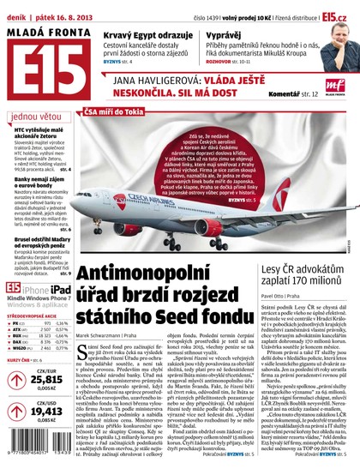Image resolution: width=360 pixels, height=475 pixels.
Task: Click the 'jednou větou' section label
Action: [35, 115]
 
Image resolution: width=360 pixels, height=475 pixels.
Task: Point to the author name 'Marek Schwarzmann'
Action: [98, 336]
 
